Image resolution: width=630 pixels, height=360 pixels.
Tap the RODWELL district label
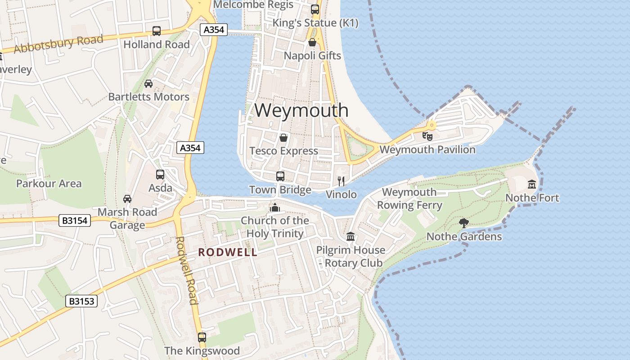[228, 252]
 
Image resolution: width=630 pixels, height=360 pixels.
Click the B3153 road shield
[82, 301]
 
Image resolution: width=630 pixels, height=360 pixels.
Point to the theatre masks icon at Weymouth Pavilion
[427, 135]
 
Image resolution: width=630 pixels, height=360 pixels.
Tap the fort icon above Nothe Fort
[532, 184]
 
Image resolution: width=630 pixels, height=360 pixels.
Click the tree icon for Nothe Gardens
[463, 223]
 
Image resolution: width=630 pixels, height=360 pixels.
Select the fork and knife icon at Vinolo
[341, 181]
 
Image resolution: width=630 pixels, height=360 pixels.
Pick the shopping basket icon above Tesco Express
[283, 138]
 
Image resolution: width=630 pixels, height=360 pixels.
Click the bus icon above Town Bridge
[280, 176]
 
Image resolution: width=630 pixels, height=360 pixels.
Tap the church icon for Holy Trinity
[274, 207]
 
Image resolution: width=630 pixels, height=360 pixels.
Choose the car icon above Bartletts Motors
[148, 84]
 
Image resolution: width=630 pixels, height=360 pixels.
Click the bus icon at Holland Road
[157, 31]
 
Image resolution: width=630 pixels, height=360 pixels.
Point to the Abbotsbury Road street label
[58, 44]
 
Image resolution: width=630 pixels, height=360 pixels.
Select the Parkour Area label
[49, 184]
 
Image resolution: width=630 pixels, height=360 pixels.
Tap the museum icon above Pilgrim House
[351, 237]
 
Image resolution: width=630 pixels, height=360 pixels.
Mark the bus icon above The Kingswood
[202, 337]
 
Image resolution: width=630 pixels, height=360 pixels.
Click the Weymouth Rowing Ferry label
[409, 199]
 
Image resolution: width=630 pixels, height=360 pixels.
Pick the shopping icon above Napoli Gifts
[312, 42]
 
